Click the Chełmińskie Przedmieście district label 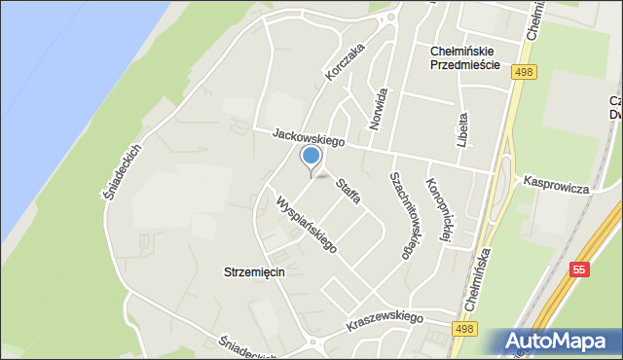pos(464,57)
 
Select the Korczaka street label pos(346,60)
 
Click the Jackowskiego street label pos(310,141)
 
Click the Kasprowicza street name pos(556,185)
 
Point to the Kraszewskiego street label pos(385,320)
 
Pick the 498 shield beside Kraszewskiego pos(464,332)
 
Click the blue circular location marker pos(311,156)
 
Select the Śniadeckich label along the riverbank pos(124,173)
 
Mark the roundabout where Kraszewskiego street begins pos(311,342)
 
